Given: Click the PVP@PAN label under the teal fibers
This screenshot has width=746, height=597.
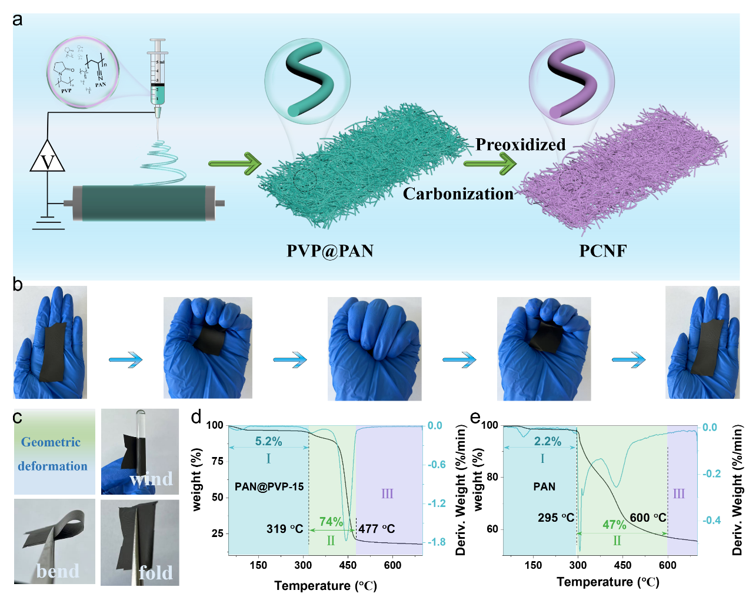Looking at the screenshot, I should coord(329,251).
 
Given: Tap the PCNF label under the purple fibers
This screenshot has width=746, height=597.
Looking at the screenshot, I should coord(602,251).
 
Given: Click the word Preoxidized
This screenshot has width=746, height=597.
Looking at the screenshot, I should coord(520,145).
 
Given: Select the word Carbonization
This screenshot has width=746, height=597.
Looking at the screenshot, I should coord(458,194).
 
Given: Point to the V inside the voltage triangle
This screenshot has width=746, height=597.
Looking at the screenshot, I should coord(48,162).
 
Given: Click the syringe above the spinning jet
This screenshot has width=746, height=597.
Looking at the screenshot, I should coord(157,76).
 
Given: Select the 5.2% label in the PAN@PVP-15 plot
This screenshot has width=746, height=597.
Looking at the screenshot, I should coord(268,441).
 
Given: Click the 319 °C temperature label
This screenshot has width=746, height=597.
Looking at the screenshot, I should coord(285,529).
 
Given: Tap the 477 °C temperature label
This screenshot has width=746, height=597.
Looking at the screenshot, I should coord(377,529).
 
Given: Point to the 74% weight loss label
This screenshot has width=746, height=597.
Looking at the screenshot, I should coord(331,522).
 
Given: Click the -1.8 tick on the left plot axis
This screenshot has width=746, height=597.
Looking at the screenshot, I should coord(436,542).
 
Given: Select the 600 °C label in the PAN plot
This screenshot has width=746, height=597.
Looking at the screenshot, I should coord(648,518).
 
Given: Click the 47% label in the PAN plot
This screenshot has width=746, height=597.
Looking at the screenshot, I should coord(614,525).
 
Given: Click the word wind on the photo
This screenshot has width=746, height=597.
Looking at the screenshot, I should coord(151,479).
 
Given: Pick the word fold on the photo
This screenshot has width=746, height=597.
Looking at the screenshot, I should coord(155,573).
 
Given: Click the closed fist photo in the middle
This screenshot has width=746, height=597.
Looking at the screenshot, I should coord(374,349).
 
